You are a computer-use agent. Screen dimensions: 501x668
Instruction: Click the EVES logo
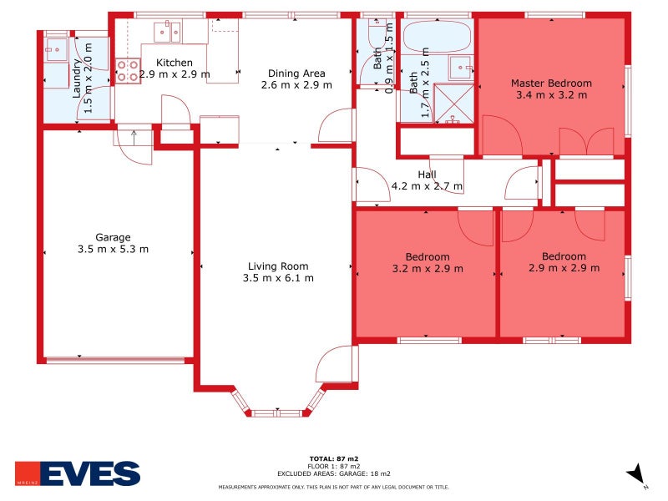tap(78, 473)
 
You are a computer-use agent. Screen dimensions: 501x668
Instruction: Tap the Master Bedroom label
tap(551, 83)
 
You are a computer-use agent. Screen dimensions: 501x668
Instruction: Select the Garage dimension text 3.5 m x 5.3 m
tap(113, 249)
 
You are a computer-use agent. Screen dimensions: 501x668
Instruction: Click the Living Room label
tap(278, 266)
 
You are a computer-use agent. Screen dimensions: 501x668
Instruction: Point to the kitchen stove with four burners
tap(128, 71)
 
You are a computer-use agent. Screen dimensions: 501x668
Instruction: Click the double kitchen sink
tap(167, 33)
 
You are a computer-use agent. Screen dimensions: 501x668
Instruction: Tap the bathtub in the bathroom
tap(436, 38)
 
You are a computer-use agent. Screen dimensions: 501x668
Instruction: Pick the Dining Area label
tap(296, 73)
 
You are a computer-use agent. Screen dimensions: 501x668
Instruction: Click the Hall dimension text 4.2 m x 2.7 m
tap(427, 186)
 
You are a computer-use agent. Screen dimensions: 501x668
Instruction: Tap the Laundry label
tap(77, 79)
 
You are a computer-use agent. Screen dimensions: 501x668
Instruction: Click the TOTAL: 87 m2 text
tap(333, 459)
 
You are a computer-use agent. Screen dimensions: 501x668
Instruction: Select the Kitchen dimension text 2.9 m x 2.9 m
tap(175, 74)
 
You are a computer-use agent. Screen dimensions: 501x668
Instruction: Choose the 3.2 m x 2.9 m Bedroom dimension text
tap(428, 269)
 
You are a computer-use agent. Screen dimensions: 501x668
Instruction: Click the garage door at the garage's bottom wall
tap(114, 360)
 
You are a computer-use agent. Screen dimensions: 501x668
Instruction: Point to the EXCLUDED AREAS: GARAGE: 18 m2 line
tap(333, 473)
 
